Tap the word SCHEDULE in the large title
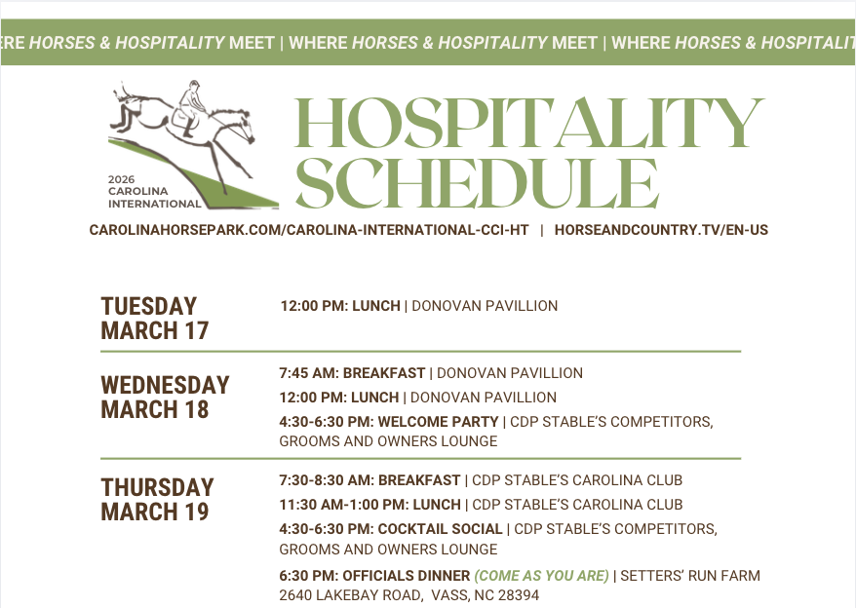[477, 182]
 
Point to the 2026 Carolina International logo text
[154, 192]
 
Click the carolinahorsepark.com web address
[309, 231]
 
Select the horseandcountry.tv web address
[661, 231]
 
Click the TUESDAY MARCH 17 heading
[155, 318]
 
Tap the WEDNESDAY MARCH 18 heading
[165, 397]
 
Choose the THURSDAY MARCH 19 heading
[157, 499]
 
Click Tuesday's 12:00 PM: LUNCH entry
[340, 306]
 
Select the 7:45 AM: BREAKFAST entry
[352, 373]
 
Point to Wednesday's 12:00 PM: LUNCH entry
[339, 398]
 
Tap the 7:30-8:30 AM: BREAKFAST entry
[370, 480]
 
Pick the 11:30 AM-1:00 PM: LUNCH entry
[370, 505]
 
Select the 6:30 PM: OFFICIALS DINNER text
[361, 576]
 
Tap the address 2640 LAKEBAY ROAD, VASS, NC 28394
[409, 595]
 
